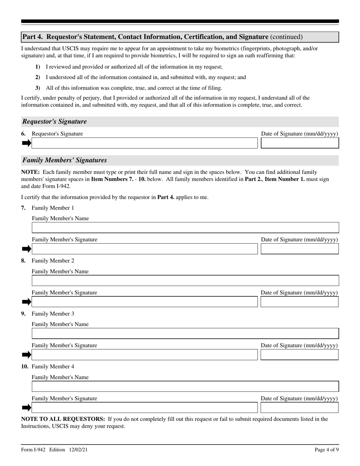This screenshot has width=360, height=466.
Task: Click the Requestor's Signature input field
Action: [144, 143]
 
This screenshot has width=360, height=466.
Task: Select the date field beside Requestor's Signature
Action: [300, 143]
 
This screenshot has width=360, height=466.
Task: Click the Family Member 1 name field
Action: [185, 228]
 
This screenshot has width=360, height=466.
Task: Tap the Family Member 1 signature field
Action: [144, 249]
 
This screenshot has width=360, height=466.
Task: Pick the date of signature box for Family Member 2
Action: [300, 302]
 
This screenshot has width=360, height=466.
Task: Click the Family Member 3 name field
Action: [185, 333]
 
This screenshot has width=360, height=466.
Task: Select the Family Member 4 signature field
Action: [144, 408]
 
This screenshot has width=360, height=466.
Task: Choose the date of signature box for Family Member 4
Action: [300, 408]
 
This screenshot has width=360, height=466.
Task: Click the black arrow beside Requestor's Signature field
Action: [26, 143]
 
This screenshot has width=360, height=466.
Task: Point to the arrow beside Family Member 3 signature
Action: [26, 355]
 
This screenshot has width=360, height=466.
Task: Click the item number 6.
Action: [23, 134]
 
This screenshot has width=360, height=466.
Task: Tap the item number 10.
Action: [25, 367]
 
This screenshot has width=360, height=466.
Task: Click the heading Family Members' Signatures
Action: [64, 160]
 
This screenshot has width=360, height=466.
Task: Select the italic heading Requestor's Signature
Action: [55, 122]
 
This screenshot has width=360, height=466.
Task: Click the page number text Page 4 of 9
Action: [327, 450]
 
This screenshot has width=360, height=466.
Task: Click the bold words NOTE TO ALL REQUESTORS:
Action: [63, 419]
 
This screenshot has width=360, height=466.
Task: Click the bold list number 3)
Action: [38, 88]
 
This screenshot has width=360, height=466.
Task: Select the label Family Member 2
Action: [53, 261]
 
